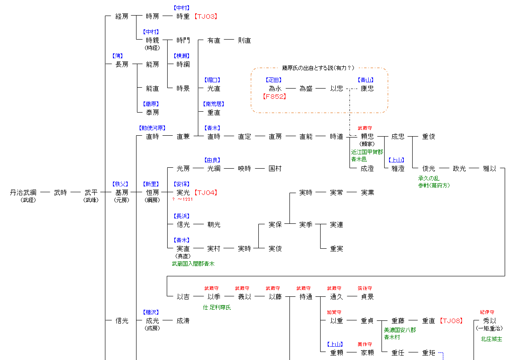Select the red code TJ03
(x=205, y=16)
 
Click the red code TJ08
(x=451, y=321)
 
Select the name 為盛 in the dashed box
(x=306, y=89)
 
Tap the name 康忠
(x=367, y=89)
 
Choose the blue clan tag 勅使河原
(x=153, y=128)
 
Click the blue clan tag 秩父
(x=121, y=184)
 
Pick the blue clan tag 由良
(x=213, y=160)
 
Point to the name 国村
(x=275, y=169)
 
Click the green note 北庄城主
(x=491, y=339)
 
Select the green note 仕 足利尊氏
(x=217, y=307)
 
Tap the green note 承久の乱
(x=429, y=178)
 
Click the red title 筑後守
(x=365, y=288)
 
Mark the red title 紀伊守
(x=487, y=312)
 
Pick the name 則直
(x=245, y=40)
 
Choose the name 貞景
(x=367, y=297)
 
